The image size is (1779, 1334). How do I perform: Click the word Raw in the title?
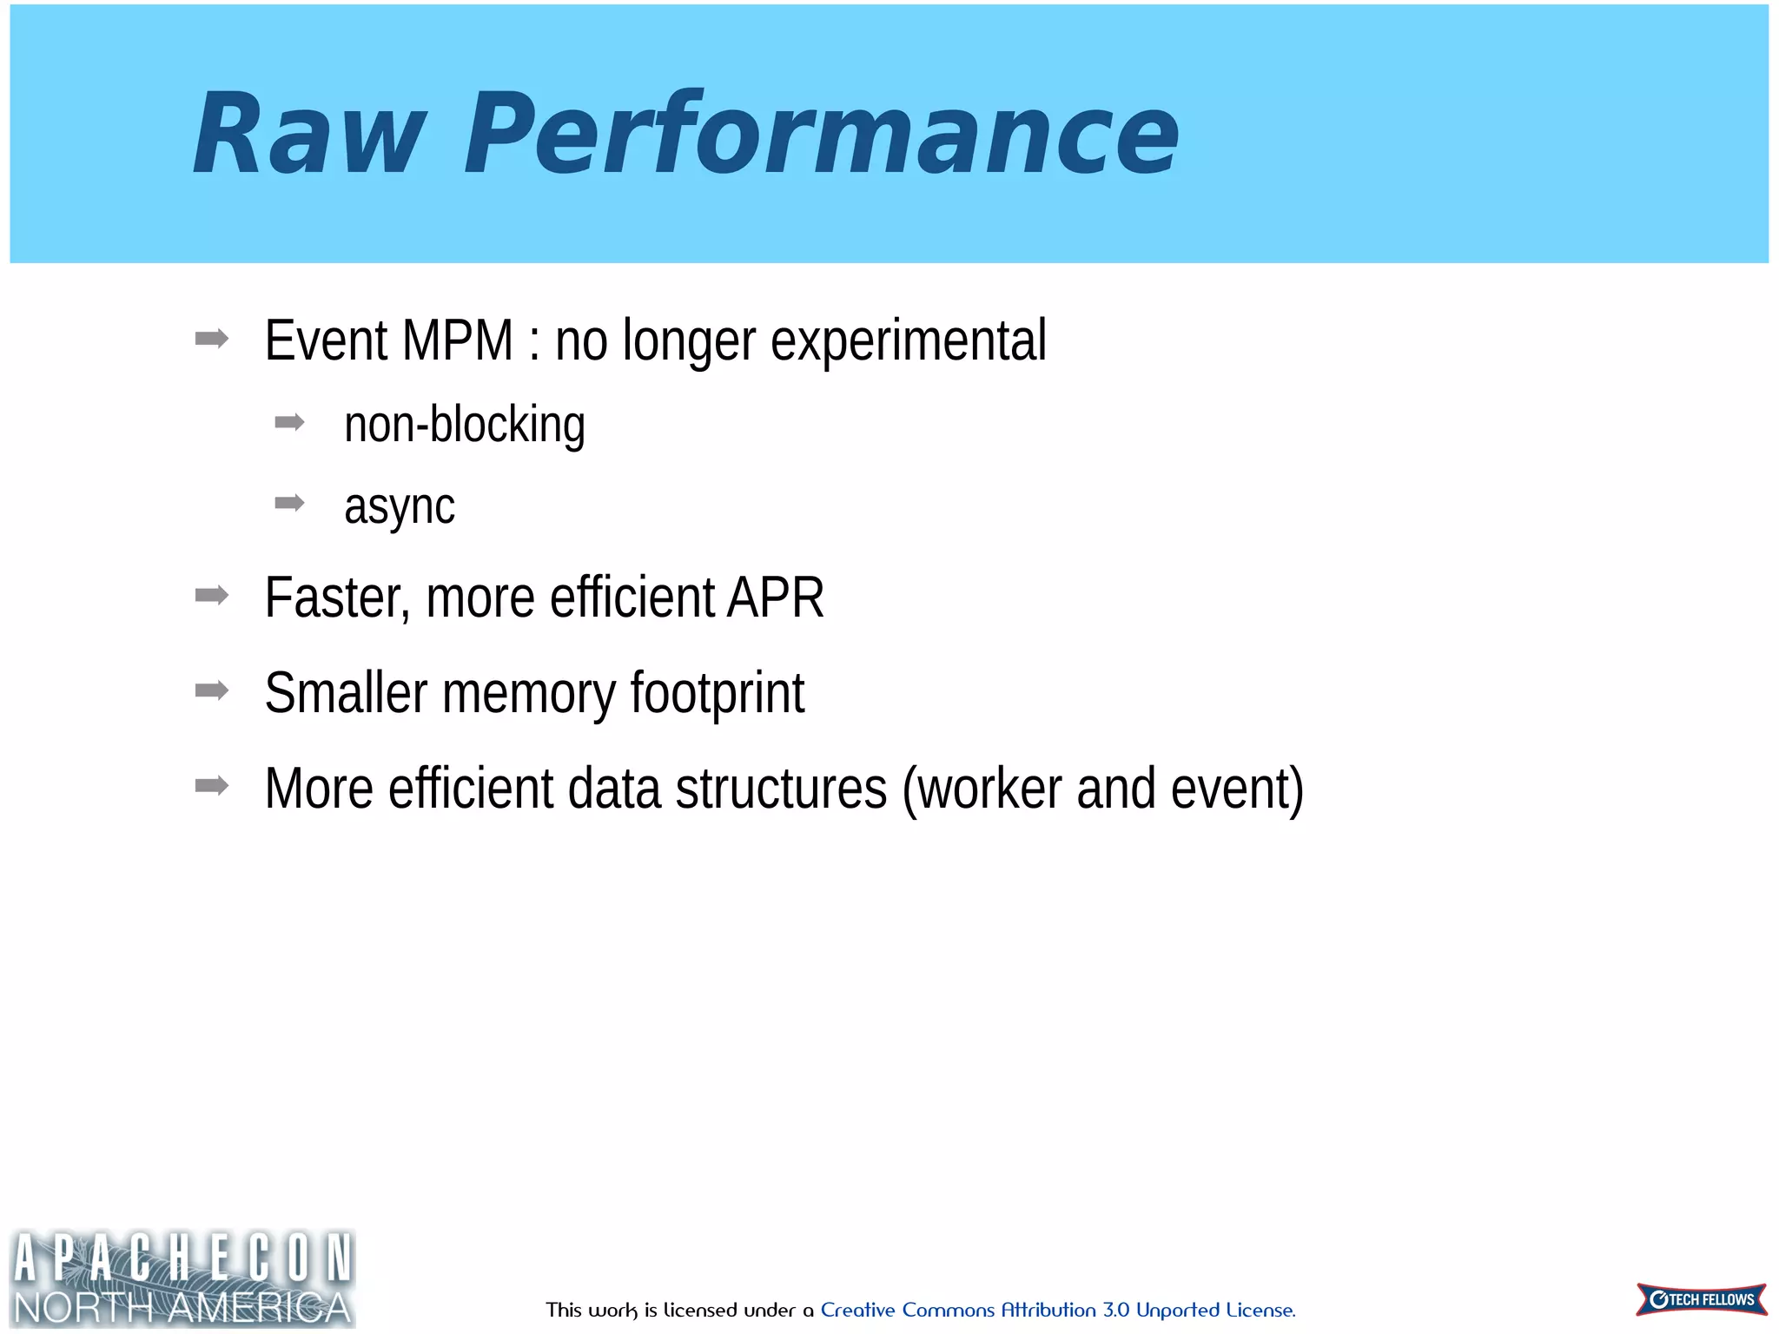(x=308, y=135)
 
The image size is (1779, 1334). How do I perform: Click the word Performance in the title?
(x=821, y=135)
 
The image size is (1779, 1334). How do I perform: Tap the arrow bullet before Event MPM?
(x=212, y=339)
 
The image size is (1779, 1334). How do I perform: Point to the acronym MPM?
(x=458, y=340)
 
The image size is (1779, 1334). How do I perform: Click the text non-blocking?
(x=465, y=425)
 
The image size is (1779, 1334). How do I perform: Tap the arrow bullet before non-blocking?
(x=289, y=423)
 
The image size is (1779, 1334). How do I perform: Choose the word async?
(x=399, y=506)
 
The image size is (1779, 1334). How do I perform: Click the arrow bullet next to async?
(x=289, y=503)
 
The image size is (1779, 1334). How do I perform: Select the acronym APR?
(x=776, y=598)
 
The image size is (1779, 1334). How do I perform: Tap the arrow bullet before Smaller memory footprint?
(x=212, y=691)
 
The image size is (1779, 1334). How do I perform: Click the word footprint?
(x=717, y=693)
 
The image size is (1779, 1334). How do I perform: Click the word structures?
(x=781, y=789)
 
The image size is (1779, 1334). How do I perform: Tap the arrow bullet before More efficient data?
(x=212, y=787)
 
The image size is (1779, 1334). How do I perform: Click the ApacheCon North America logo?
(x=182, y=1278)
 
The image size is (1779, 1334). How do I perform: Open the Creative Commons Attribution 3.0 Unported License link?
(x=1057, y=1310)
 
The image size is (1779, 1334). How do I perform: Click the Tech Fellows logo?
(x=1701, y=1299)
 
